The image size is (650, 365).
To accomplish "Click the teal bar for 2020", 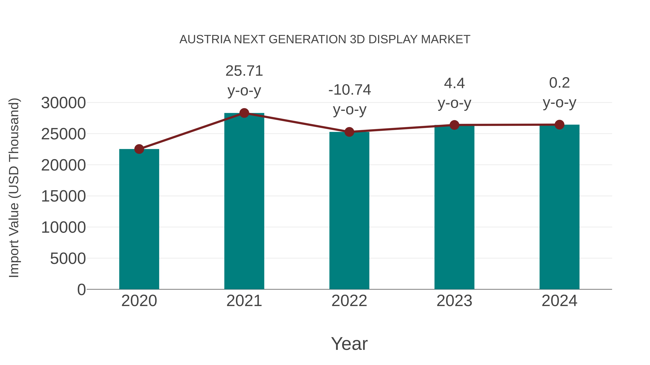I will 139,219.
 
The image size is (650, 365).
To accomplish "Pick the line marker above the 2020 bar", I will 139,149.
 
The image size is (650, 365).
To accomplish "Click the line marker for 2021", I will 244,113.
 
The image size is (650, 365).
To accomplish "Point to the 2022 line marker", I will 349,132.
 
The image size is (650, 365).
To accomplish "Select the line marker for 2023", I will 454,125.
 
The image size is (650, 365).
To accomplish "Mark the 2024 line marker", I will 559,124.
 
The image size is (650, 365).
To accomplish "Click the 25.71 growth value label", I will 244,71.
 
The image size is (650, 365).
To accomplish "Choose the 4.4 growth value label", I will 454,83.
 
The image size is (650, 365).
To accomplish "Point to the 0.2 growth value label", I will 559,83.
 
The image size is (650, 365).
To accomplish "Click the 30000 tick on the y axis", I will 63,103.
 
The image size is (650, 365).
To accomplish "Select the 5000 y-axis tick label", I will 68,259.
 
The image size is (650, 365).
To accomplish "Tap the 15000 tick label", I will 63,196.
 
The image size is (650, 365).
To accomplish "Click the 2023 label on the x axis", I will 454,301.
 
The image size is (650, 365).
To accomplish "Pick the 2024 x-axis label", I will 559,301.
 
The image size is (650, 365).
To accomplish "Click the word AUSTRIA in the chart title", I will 205,39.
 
